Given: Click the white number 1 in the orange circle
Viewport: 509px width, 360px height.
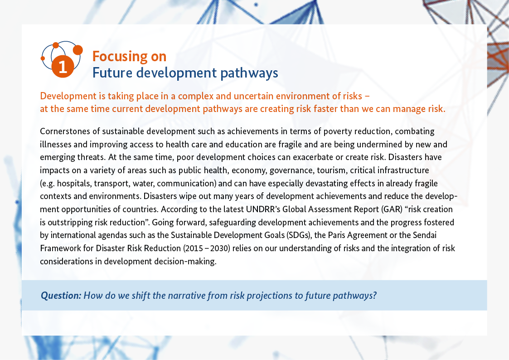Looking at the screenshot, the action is [x=63, y=67].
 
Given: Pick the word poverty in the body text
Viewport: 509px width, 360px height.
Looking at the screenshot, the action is [x=338, y=132].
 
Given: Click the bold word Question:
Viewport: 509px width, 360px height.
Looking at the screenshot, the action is [x=61, y=296].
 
